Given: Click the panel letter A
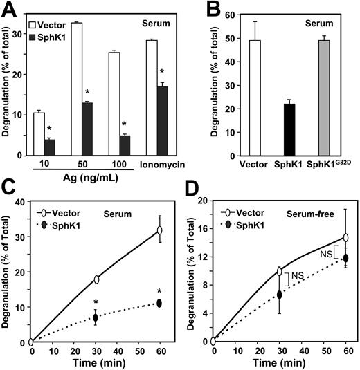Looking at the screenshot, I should (10, 9).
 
